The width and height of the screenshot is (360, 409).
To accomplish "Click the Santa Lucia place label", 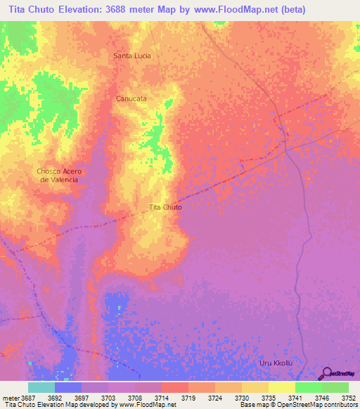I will point(132,56).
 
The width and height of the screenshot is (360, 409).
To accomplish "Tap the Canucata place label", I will point(131,99).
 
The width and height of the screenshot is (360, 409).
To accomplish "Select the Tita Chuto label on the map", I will point(166,207).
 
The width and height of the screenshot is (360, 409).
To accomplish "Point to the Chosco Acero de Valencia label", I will point(58,175).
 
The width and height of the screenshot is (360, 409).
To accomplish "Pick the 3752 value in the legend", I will point(349,397).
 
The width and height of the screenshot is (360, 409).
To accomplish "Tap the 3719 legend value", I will point(188,397).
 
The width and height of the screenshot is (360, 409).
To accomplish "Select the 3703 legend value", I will point(108,397).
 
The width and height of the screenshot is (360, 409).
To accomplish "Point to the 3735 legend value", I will point(269,397).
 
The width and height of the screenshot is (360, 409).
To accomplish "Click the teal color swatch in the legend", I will point(41,387).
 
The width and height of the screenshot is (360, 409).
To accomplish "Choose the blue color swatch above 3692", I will point(68,387).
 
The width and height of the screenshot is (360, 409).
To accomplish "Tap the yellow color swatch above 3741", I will point(282,387).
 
